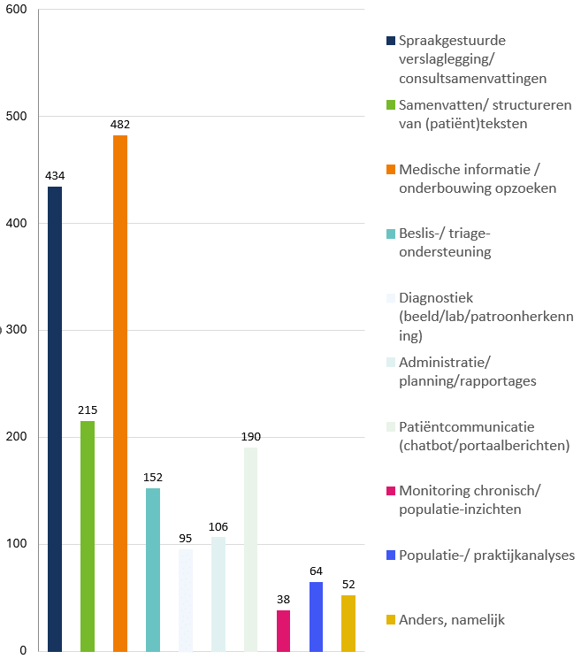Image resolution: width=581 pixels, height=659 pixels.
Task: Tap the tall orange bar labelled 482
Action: pyautogui.click(x=120, y=393)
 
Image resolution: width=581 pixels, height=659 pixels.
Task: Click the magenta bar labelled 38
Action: pyautogui.click(x=283, y=630)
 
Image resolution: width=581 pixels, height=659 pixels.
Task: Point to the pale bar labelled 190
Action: pyautogui.click(x=250, y=548)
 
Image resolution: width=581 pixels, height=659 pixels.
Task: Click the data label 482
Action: pyautogui.click(x=120, y=125)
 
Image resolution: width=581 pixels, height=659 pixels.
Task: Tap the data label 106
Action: pyautogui.click(x=218, y=526)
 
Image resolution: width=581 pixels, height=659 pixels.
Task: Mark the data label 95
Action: pyautogui.click(x=186, y=539)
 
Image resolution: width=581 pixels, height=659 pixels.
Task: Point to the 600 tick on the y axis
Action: pyautogui.click(x=17, y=10)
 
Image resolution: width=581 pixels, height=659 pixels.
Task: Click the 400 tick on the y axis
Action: pyautogui.click(x=17, y=224)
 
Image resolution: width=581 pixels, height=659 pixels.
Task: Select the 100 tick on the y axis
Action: pyautogui.click(x=17, y=544)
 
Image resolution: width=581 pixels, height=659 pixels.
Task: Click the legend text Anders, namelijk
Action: pyautogui.click(x=451, y=620)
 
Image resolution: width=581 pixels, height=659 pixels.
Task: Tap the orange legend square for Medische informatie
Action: pyautogui.click(x=391, y=169)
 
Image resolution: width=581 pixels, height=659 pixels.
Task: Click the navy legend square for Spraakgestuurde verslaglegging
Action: pyautogui.click(x=391, y=41)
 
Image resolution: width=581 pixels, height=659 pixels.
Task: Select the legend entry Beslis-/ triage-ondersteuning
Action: pyautogui.click(x=445, y=242)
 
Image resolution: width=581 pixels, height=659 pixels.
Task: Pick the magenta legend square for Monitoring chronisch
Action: pyautogui.click(x=391, y=491)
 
